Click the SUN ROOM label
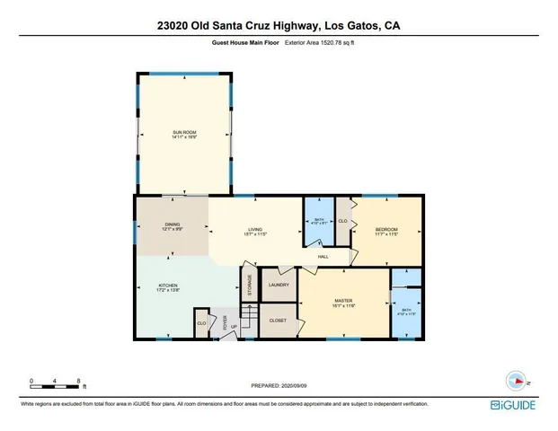(x=184, y=133)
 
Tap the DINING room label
(x=172, y=225)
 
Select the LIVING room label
(x=255, y=230)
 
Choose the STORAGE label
(x=250, y=286)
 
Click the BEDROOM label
(x=386, y=230)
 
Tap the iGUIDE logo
(x=514, y=405)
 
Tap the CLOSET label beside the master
(x=278, y=320)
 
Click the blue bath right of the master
(x=403, y=312)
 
